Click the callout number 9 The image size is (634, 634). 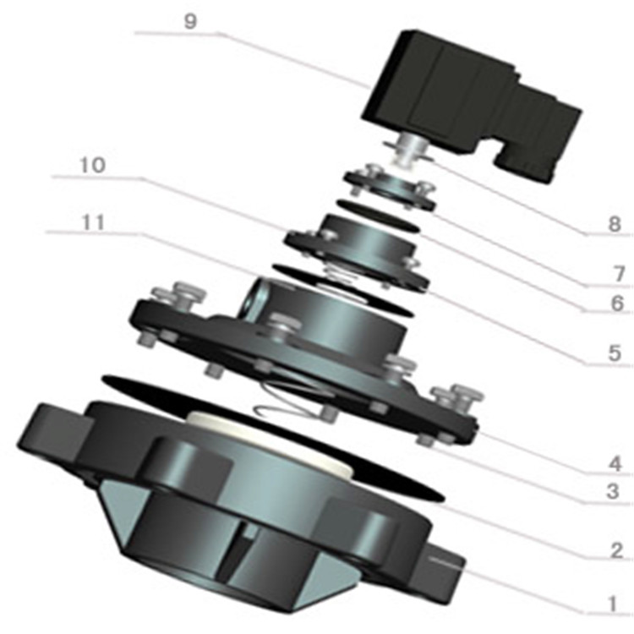tap(190, 21)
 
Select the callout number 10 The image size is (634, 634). tap(93, 165)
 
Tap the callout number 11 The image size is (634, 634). tap(93, 222)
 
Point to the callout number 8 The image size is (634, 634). tap(615, 224)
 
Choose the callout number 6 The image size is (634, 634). tap(617, 303)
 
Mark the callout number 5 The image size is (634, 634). tap(615, 353)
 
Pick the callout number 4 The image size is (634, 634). tap(615, 463)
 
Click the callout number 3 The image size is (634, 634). tap(613, 492)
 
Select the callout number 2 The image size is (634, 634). tap(616, 550)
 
